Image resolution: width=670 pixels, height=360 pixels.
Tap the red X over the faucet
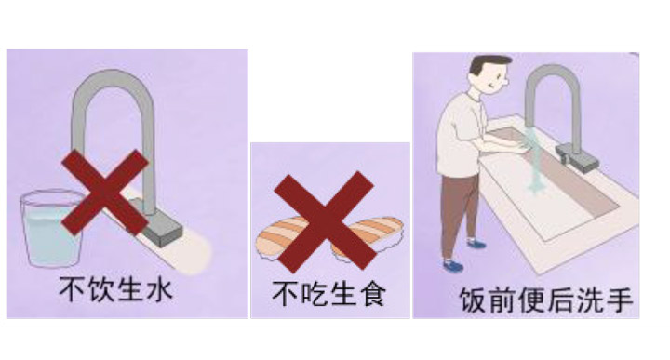tap(105, 193)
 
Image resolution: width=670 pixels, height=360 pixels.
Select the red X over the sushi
tap(325, 220)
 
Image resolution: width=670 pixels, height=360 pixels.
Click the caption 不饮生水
tap(115, 290)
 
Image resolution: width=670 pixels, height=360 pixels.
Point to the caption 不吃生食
tap(329, 294)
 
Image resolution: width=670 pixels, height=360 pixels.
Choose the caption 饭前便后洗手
tap(545, 300)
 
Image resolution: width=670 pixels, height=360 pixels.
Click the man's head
tap(490, 73)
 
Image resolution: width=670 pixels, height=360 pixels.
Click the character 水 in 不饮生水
tap(160, 290)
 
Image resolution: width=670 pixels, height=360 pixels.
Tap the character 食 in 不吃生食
tap(373, 294)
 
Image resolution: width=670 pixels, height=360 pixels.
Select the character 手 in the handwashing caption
tap(620, 300)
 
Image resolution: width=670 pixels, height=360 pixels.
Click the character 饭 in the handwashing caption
tap(473, 300)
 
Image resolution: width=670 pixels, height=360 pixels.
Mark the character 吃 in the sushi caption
tap(315, 294)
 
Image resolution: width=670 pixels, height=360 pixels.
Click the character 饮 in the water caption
tap(100, 290)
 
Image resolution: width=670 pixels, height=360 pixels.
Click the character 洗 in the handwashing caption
tap(590, 300)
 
